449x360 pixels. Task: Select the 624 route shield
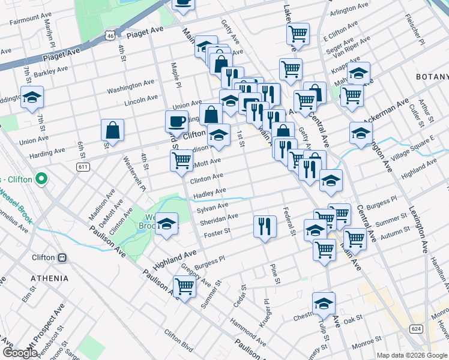point(415,329)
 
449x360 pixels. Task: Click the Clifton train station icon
point(62,257)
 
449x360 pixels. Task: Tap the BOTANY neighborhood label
point(432,77)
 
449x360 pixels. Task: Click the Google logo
point(19,353)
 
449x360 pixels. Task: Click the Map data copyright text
point(412,355)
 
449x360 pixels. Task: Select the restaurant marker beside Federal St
point(265,226)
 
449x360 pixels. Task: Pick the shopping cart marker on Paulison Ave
point(184,287)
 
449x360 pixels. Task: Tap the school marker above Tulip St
point(324,304)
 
